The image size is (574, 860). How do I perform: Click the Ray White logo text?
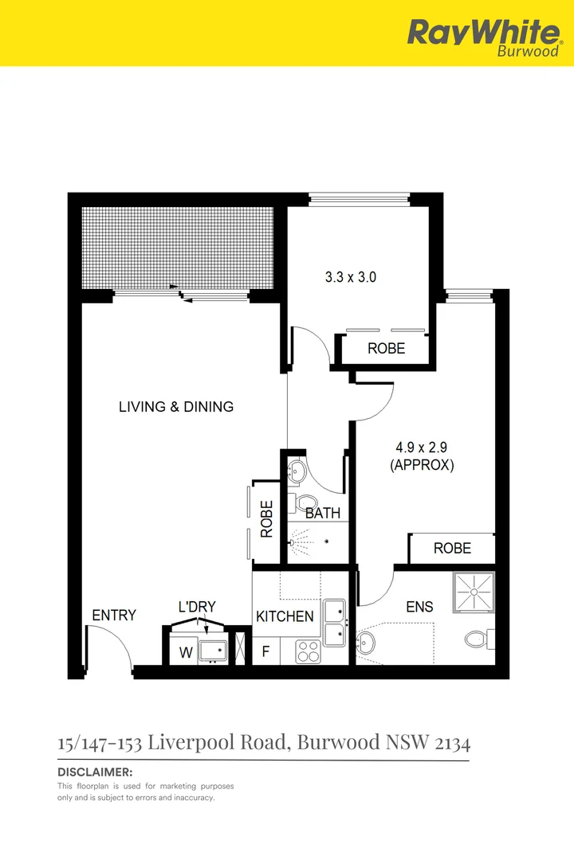pyautogui.click(x=483, y=33)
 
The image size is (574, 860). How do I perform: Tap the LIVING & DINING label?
pyautogui.click(x=176, y=407)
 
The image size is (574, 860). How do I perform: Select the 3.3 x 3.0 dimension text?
pyautogui.click(x=350, y=278)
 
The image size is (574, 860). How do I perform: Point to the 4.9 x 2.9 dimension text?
pyautogui.click(x=422, y=448)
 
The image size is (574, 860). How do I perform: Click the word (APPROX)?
pyautogui.click(x=422, y=466)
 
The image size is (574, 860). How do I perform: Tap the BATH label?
pyautogui.click(x=323, y=514)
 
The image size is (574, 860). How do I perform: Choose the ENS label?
pyautogui.click(x=419, y=607)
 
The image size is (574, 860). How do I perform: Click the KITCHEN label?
pyautogui.click(x=285, y=616)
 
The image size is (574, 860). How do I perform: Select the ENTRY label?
pyautogui.click(x=114, y=616)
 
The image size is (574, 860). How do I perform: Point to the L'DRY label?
pyautogui.click(x=197, y=607)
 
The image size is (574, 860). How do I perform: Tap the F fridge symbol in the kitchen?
pyautogui.click(x=266, y=652)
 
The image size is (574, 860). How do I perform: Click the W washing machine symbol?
pyautogui.click(x=185, y=653)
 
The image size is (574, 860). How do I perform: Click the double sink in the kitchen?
pyautogui.click(x=334, y=623)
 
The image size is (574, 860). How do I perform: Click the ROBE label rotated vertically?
pyautogui.click(x=267, y=518)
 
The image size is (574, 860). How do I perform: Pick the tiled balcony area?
pyautogui.click(x=177, y=248)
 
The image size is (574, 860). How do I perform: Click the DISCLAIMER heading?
pyautogui.click(x=95, y=772)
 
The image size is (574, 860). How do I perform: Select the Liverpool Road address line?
pyautogui.click(x=264, y=744)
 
